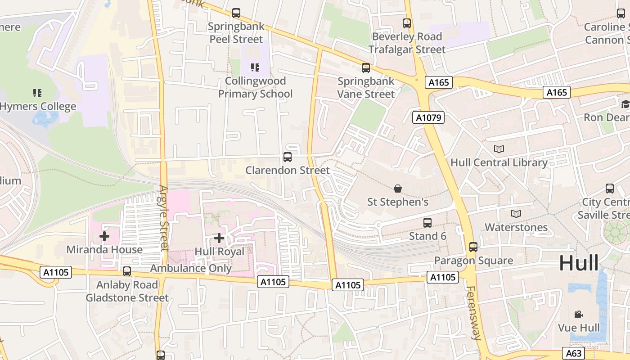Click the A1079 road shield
(x=428, y=118)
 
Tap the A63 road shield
(x=573, y=353)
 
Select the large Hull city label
(x=579, y=263)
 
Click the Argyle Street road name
(x=164, y=218)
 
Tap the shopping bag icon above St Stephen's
(x=397, y=188)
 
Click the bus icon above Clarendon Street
(x=287, y=157)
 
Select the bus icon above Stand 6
(x=427, y=222)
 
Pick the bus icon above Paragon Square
(x=473, y=247)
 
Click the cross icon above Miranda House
(x=104, y=236)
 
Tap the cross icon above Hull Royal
(x=219, y=238)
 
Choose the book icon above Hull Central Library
(x=499, y=149)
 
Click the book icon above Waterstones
(x=516, y=214)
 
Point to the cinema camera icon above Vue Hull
(x=578, y=314)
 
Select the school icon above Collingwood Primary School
(x=255, y=67)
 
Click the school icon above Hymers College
(x=37, y=93)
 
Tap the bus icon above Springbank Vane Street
(x=365, y=68)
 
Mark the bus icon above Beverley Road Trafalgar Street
(x=407, y=23)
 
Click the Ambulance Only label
(x=191, y=269)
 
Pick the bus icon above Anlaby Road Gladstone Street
(x=127, y=271)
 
